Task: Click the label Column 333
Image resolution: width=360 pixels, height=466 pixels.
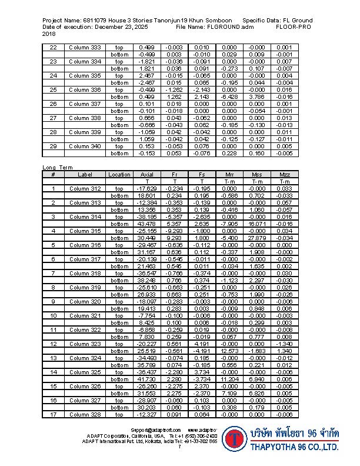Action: (x=85, y=47)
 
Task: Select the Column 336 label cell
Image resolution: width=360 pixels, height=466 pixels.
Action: (x=85, y=89)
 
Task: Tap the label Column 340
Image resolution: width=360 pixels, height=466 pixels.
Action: (x=85, y=146)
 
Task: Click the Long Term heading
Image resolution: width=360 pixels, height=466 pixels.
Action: (x=58, y=168)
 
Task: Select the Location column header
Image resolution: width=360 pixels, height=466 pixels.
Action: (x=119, y=174)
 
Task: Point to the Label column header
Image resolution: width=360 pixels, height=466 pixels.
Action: (x=85, y=174)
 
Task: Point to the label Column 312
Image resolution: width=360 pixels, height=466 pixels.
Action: (x=85, y=188)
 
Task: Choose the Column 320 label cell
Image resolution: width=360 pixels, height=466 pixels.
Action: (x=85, y=301)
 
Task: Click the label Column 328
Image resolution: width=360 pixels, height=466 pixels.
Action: (x=85, y=414)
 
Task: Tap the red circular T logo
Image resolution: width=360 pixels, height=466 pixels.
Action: (x=236, y=440)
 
